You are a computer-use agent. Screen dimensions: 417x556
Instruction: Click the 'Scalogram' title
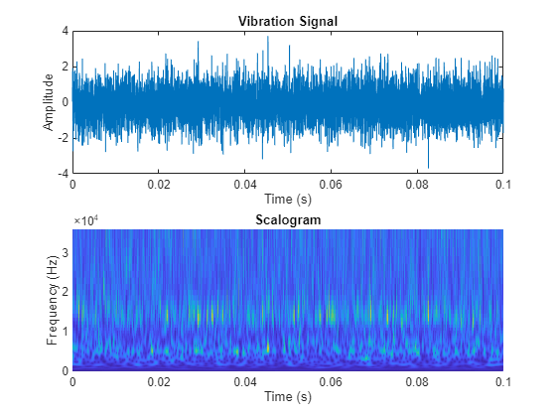[288, 219]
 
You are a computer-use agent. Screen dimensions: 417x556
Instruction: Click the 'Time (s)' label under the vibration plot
[288, 199]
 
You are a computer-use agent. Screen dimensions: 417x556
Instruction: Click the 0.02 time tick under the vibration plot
[159, 184]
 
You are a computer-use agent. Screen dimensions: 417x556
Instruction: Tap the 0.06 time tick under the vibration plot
[331, 184]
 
